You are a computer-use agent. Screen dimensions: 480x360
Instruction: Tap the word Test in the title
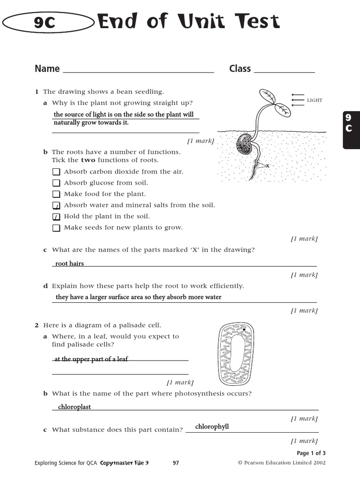(255, 22)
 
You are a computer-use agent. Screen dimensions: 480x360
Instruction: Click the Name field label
(47, 69)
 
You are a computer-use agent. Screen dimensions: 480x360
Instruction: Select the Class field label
(240, 69)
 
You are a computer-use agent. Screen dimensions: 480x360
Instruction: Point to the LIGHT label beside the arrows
(315, 100)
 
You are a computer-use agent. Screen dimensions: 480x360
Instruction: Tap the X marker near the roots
(267, 166)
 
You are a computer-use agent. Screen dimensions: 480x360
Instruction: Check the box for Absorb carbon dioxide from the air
(56, 172)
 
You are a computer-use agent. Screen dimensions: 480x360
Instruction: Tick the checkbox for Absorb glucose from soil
(56, 183)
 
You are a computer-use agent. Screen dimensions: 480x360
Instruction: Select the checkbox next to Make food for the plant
(56, 194)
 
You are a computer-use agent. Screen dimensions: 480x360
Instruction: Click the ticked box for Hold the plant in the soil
(56, 217)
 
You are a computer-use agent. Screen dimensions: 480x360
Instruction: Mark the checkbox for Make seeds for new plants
(56, 228)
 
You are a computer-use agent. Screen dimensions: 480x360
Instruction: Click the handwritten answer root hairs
(69, 263)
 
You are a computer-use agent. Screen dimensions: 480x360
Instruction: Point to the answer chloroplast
(74, 407)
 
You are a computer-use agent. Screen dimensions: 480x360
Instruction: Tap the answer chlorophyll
(212, 427)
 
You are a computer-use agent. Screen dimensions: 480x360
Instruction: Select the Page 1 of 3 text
(311, 453)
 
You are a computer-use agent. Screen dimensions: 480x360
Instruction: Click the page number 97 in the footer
(176, 463)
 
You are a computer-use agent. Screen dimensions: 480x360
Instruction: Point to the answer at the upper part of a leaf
(91, 359)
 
